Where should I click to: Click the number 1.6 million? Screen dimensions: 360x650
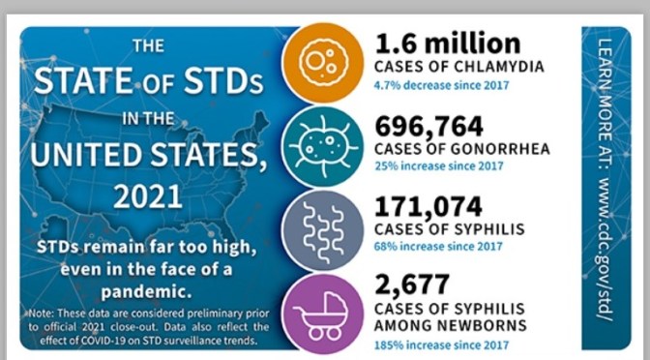[447, 44]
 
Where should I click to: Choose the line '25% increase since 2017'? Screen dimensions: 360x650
[438, 165]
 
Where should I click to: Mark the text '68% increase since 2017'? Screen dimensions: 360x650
[438, 246]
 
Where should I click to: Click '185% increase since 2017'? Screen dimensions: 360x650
[441, 345]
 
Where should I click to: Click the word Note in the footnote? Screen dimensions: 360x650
[40, 313]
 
